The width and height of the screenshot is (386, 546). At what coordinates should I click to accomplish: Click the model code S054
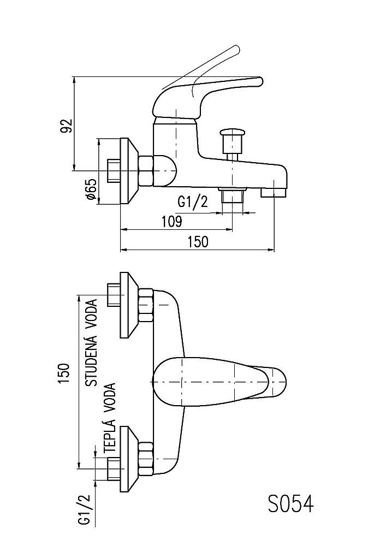[290, 503]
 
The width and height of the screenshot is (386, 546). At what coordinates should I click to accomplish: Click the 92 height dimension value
[67, 126]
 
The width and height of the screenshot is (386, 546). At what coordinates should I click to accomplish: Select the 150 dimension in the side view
[197, 242]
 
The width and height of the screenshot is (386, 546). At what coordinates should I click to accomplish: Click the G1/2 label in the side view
[193, 203]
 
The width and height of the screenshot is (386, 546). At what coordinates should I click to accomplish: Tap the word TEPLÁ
[109, 436]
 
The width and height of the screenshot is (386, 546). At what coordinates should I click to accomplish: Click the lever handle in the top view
[218, 382]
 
